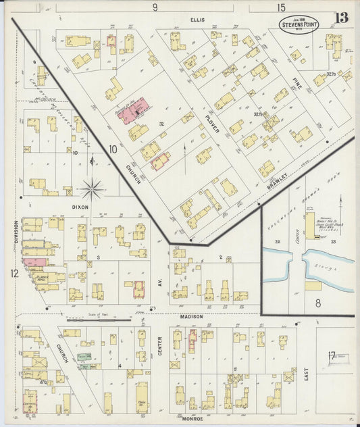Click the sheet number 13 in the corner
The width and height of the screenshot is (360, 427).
342,17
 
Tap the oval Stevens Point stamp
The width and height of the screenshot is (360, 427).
301,24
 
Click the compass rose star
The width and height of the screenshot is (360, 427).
93,188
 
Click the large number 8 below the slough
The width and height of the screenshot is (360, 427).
317,303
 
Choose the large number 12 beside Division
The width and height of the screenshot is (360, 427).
14,273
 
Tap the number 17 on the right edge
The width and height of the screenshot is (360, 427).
332,355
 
